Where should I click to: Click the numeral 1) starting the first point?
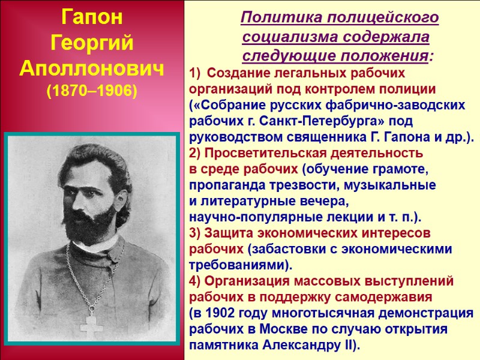[194, 74]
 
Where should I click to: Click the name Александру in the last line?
[304, 345]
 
